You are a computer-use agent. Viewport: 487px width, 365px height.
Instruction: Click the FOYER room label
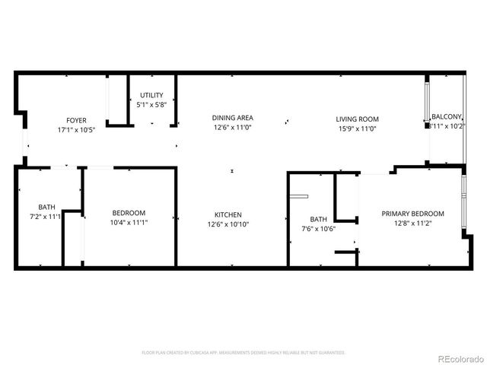pyautogui.click(x=76, y=120)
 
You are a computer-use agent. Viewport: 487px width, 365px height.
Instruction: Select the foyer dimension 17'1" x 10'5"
pyautogui.click(x=76, y=130)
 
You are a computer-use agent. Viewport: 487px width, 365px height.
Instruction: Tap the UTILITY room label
pyautogui.click(x=151, y=95)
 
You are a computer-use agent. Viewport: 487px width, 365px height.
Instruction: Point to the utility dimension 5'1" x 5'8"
pyautogui.click(x=151, y=105)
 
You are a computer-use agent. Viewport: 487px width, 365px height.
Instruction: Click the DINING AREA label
pyautogui.click(x=232, y=118)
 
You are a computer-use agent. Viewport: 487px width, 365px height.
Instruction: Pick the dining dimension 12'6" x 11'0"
pyautogui.click(x=232, y=128)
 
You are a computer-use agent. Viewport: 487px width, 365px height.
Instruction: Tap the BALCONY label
pyautogui.click(x=447, y=116)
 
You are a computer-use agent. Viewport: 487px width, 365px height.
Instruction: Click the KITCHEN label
pyautogui.click(x=228, y=214)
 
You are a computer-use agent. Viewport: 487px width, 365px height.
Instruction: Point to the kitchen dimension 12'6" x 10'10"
pyautogui.click(x=228, y=224)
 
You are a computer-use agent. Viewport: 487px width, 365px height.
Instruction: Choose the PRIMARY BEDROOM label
pyautogui.click(x=412, y=214)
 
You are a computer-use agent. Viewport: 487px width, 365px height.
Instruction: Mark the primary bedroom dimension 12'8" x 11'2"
pyautogui.click(x=412, y=224)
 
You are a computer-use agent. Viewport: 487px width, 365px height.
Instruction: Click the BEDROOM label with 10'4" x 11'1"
pyautogui.click(x=129, y=213)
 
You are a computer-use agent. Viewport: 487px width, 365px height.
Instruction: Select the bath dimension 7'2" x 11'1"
pyautogui.click(x=46, y=217)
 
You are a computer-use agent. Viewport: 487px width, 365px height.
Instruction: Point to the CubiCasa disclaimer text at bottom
pyautogui.click(x=243, y=353)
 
